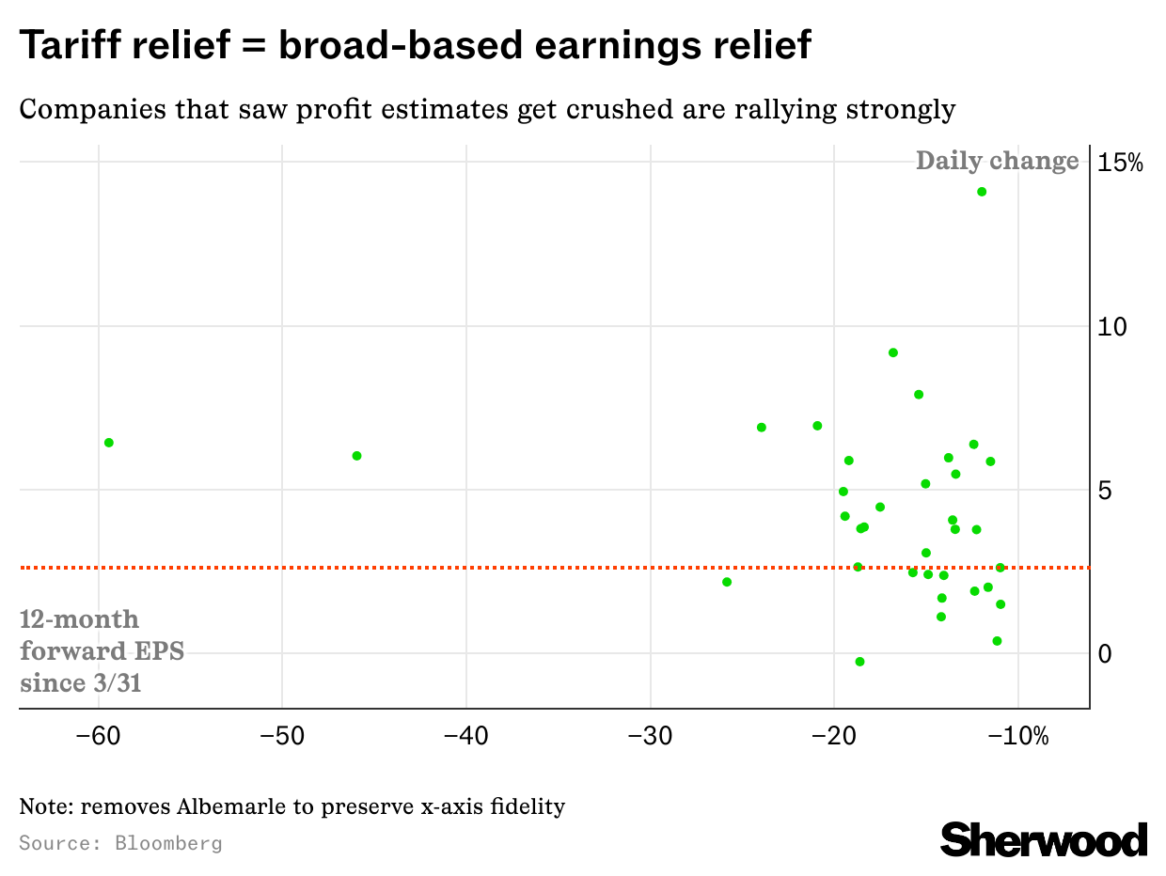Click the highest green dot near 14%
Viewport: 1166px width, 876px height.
[x=982, y=192]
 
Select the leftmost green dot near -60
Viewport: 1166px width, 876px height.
[x=109, y=443]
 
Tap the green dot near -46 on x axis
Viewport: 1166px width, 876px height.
[x=356, y=456]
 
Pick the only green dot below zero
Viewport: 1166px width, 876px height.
[x=859, y=662]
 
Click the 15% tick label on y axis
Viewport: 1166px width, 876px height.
[x=1121, y=163]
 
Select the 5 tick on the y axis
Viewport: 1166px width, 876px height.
[x=1107, y=491]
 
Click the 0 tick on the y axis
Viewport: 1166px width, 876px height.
[x=1107, y=653]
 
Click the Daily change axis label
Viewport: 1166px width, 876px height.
[x=997, y=161]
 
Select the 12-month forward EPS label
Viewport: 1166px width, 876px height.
[x=102, y=650]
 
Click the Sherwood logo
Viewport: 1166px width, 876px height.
[x=1044, y=838]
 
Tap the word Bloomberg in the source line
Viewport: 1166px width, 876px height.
[x=168, y=842]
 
